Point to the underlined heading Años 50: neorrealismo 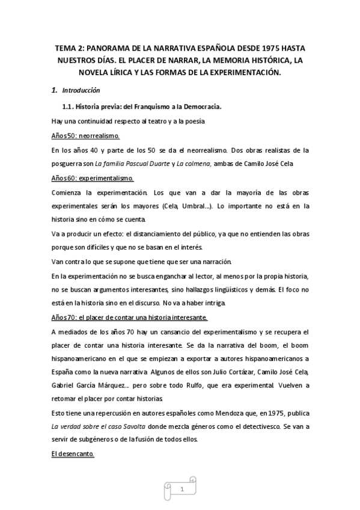click(85, 136)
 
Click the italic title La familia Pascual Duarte click(136, 164)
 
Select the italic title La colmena click(192, 164)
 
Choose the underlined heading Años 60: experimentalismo click(93, 179)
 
